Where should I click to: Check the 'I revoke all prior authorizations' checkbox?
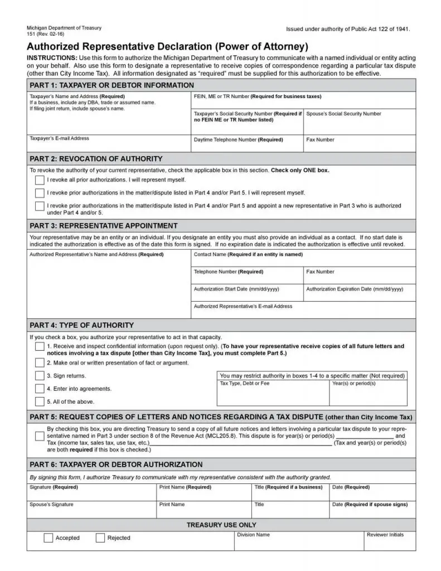coord(40,180)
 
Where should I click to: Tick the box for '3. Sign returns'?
coord(40,376)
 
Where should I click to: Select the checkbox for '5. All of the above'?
coord(40,401)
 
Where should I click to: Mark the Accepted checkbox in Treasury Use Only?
coord(49,538)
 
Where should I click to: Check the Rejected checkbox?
coord(100,538)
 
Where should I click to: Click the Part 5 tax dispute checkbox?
coord(40,436)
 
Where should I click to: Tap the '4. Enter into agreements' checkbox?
coord(40,389)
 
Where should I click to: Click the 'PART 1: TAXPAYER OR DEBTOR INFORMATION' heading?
coord(112,85)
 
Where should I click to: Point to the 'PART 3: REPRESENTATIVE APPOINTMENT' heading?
coord(104,226)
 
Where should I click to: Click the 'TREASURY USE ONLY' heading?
coord(221,525)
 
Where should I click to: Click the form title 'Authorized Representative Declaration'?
coord(167,47)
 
